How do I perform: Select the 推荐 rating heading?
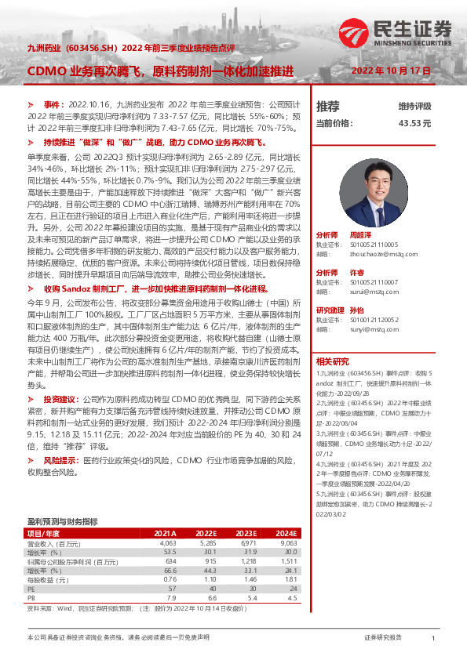[x=328, y=106]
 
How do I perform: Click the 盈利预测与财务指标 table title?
[x=62, y=520]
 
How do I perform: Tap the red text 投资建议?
[x=60, y=420]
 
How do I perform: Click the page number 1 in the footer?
[x=432, y=640]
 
